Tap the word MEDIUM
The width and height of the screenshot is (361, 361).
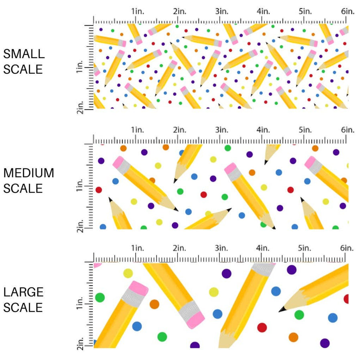click(28, 173)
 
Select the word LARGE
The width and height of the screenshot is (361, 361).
click(23, 292)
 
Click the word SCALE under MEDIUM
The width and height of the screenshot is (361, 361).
click(23, 188)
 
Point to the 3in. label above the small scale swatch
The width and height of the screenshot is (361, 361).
click(221, 11)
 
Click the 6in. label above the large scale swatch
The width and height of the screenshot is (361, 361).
click(347, 248)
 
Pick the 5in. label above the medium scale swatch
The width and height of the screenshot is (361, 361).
click(305, 130)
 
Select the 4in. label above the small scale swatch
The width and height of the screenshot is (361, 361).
click(264, 11)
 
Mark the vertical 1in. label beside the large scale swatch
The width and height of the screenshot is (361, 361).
click(80, 305)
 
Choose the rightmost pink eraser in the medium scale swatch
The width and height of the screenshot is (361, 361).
click(311, 162)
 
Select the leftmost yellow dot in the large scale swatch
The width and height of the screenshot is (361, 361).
click(128, 274)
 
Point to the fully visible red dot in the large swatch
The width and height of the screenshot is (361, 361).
click(262, 327)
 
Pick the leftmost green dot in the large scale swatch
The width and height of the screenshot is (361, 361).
click(99, 298)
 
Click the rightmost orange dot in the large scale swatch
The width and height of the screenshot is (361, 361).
click(293, 337)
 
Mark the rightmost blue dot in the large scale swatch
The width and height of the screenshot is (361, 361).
click(333, 318)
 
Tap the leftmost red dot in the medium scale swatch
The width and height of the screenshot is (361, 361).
click(99, 190)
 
